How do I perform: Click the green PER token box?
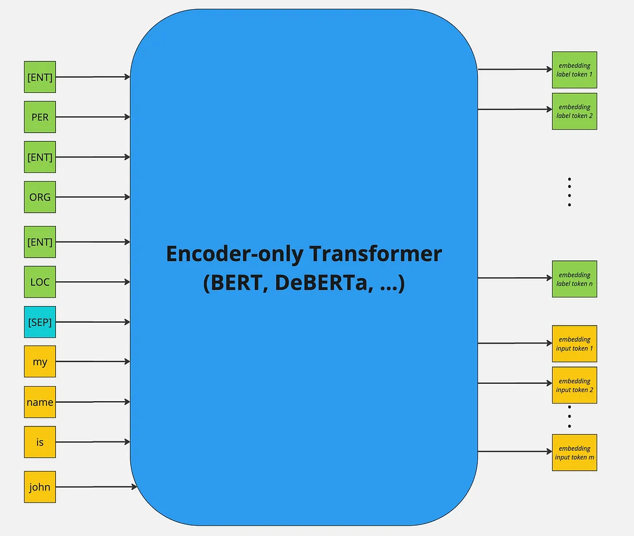pyautogui.click(x=40, y=117)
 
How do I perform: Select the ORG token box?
pyautogui.click(x=40, y=197)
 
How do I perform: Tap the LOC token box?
pyautogui.click(x=40, y=282)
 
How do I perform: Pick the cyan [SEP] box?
pyautogui.click(x=40, y=322)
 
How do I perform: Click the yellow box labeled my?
pyautogui.click(x=40, y=362)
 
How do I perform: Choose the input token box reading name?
pyautogui.click(x=40, y=402)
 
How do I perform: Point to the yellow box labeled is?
pyautogui.click(x=40, y=442)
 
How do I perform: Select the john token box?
pyautogui.click(x=40, y=487)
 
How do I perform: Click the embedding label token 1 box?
pyautogui.click(x=574, y=70)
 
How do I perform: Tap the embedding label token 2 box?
pyautogui.click(x=574, y=111)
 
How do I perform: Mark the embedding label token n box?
pyautogui.click(x=574, y=279)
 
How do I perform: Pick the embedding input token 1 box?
pyautogui.click(x=574, y=344)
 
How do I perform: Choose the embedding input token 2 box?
pyautogui.click(x=574, y=385)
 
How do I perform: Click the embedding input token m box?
pyautogui.click(x=574, y=452)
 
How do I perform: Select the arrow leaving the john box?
pyautogui.click(x=96, y=487)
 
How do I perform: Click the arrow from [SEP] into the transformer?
pyautogui.click(x=93, y=322)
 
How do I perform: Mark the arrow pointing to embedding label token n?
pyautogui.click(x=515, y=278)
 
